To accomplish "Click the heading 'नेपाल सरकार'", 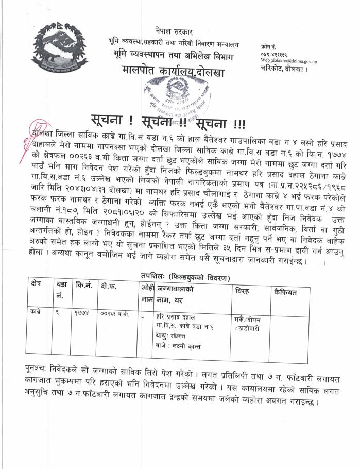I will [x=175, y=32].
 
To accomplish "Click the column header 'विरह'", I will [x=243, y=292].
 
